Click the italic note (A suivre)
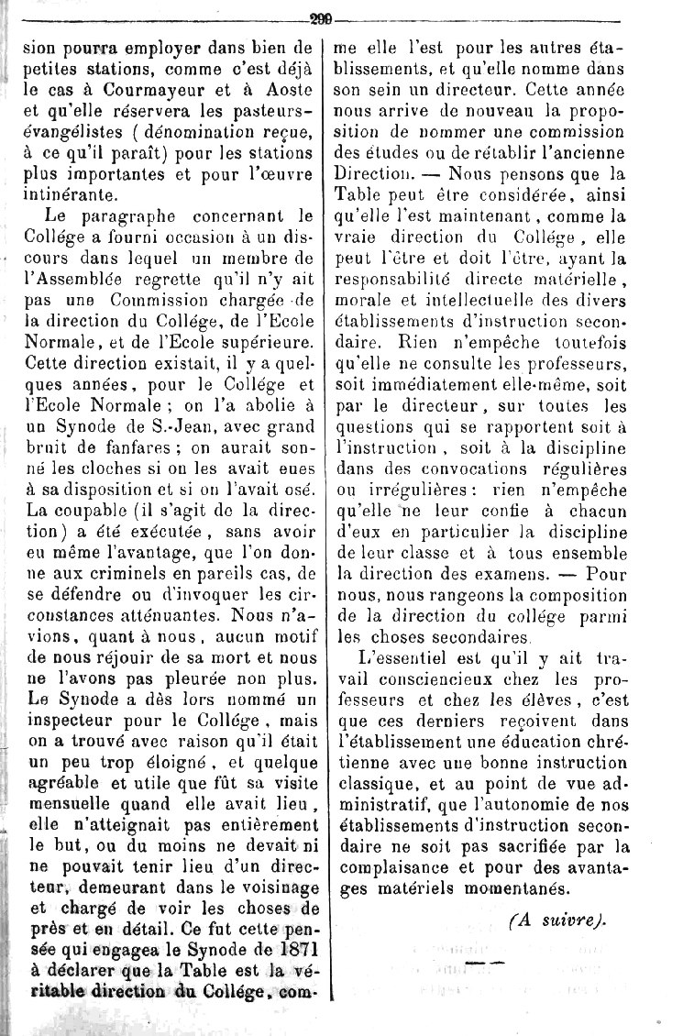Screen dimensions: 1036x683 [x=557, y=920]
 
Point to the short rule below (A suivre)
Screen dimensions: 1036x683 [x=486, y=963]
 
